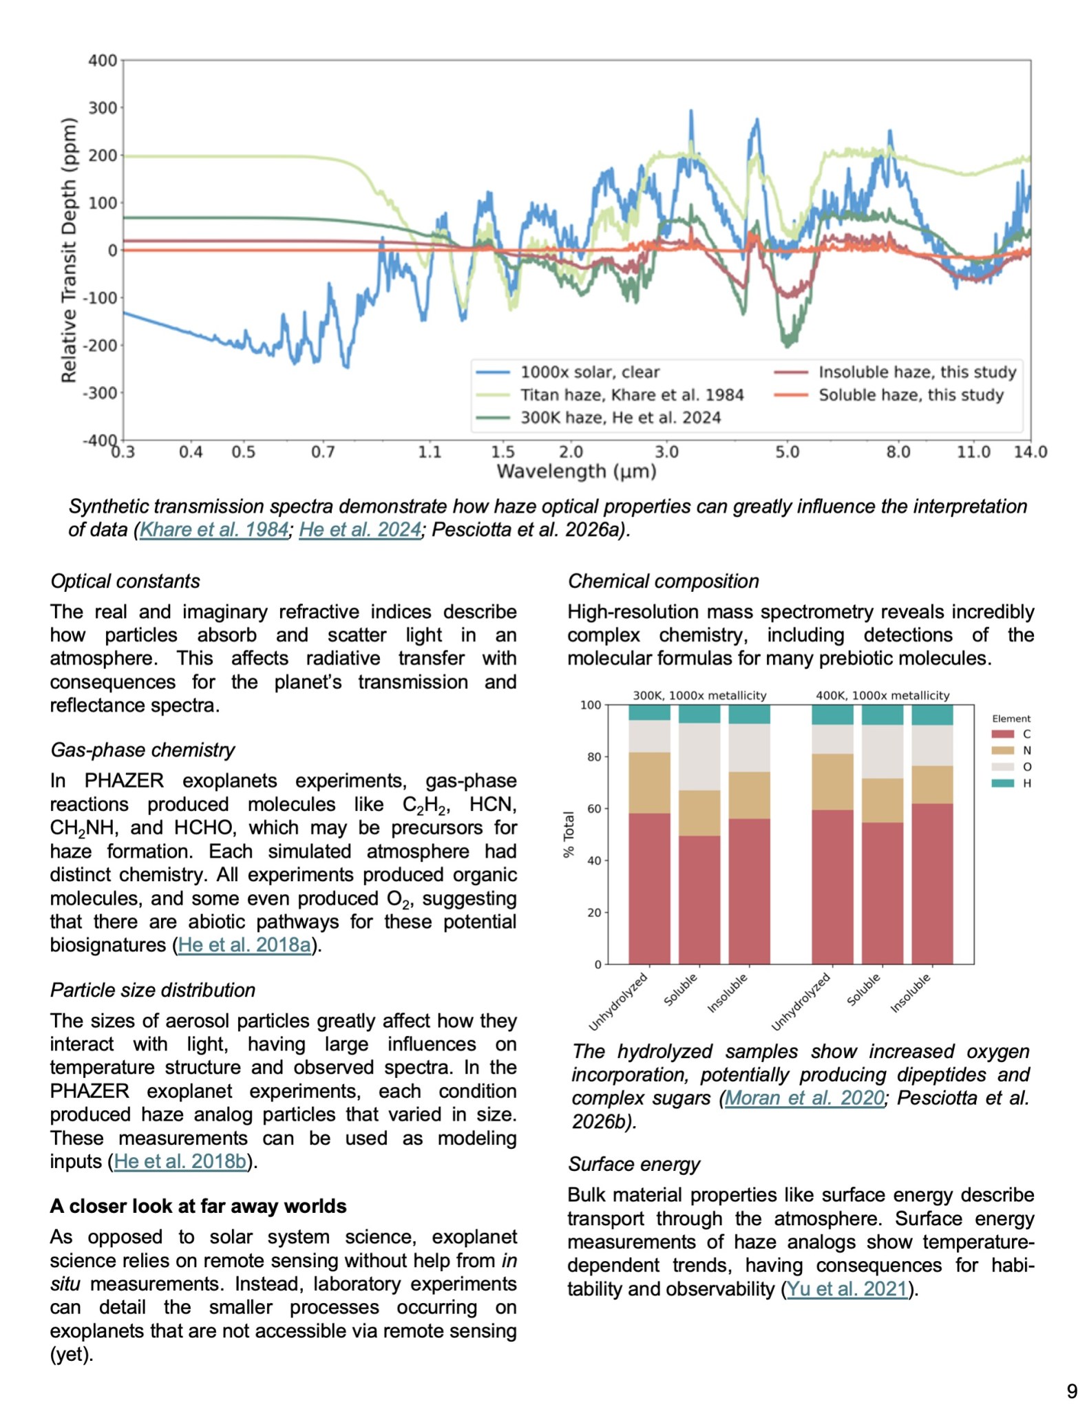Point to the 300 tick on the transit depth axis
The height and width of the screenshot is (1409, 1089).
(x=103, y=108)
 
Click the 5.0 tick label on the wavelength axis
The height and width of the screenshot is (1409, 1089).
(x=787, y=452)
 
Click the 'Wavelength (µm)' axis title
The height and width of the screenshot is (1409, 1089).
(x=576, y=472)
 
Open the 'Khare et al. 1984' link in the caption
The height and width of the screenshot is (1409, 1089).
(x=214, y=529)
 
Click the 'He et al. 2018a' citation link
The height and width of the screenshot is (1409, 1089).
(x=244, y=944)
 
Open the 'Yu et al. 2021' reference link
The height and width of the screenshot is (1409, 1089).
(x=847, y=1289)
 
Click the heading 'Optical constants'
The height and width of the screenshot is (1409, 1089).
(x=125, y=581)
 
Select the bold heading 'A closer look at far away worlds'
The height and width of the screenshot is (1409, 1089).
(x=198, y=1206)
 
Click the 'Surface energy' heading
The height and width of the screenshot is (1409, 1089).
(x=633, y=1164)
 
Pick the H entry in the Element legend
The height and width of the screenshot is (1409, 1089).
(x=1026, y=783)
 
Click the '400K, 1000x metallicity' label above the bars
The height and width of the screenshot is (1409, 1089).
(x=882, y=695)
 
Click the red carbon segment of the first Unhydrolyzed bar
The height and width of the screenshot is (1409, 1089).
(x=648, y=888)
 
